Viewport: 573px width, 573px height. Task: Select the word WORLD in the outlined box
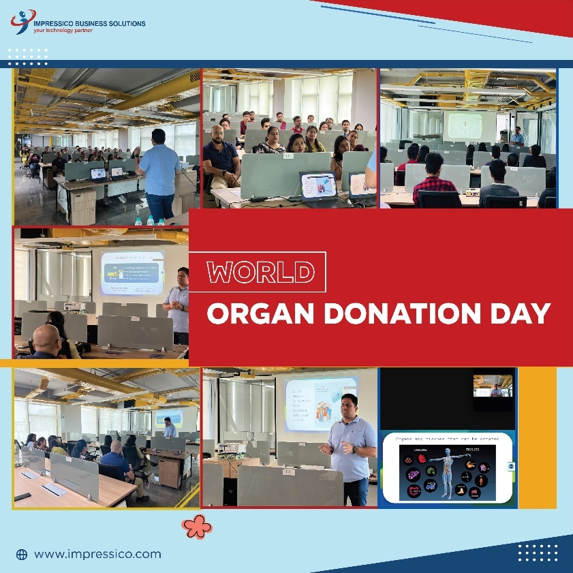coord(260,272)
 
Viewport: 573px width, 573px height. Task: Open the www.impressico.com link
coord(97,554)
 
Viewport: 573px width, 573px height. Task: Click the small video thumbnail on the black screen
coord(492,385)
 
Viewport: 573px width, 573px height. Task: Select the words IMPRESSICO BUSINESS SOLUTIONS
coord(89,23)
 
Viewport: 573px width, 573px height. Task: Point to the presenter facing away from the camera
coord(159,170)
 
